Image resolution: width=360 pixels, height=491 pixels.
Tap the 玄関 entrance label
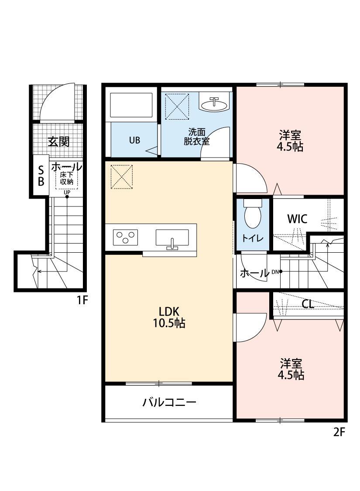point(58,142)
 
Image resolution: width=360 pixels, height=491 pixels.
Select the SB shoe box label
point(41,175)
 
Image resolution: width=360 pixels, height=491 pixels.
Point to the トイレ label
point(253,238)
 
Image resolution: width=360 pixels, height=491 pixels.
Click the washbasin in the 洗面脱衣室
point(214,104)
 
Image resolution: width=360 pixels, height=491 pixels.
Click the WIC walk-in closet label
point(297,219)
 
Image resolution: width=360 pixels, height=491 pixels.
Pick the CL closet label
point(308,304)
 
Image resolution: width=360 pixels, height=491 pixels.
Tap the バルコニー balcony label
point(169,402)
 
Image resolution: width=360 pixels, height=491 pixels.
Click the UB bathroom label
point(134,141)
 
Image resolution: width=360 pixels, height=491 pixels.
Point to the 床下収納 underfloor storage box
point(67,179)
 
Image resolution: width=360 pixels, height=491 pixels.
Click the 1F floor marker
point(82,300)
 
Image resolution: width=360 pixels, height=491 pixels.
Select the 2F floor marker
point(339,432)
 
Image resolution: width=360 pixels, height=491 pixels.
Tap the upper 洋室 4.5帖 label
point(290,141)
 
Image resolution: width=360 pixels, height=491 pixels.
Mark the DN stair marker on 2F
point(276,271)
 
